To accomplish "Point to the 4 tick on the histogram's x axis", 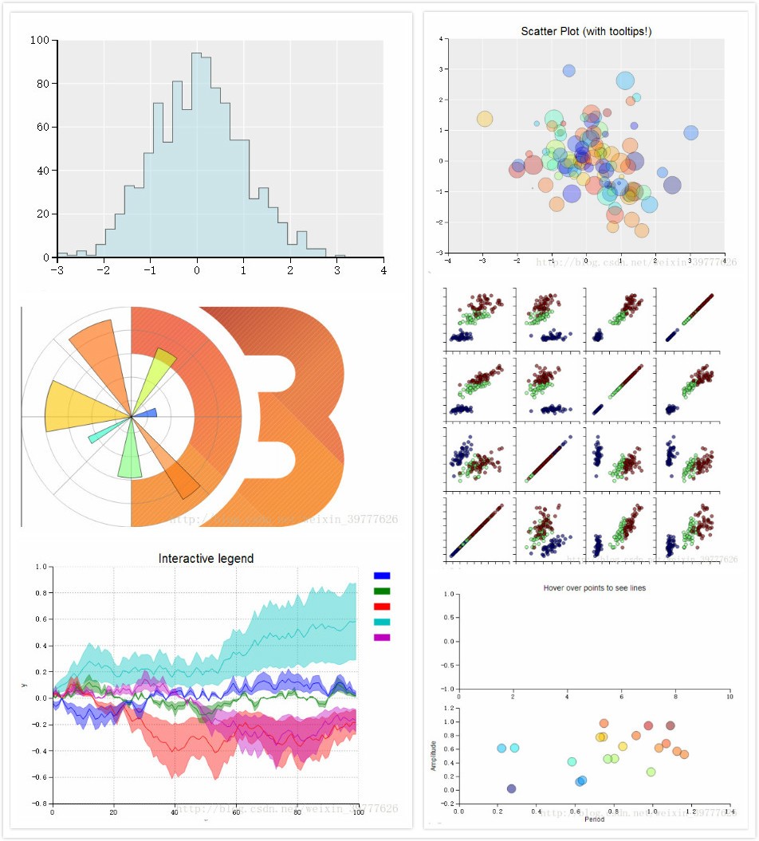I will point(383,269).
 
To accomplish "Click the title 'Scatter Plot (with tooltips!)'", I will point(587,31).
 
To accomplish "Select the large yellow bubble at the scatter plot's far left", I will point(484,119).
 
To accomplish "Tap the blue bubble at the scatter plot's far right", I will point(690,133).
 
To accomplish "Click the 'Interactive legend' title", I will point(206,559).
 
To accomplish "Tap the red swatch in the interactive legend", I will point(382,607).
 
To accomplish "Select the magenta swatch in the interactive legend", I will point(382,638).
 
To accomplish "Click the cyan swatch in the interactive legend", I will point(382,622).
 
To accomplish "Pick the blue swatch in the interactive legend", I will point(382,576).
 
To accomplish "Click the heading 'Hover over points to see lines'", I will point(594,588).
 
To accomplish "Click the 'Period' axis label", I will point(593,819).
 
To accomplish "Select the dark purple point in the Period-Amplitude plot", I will point(511,788).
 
